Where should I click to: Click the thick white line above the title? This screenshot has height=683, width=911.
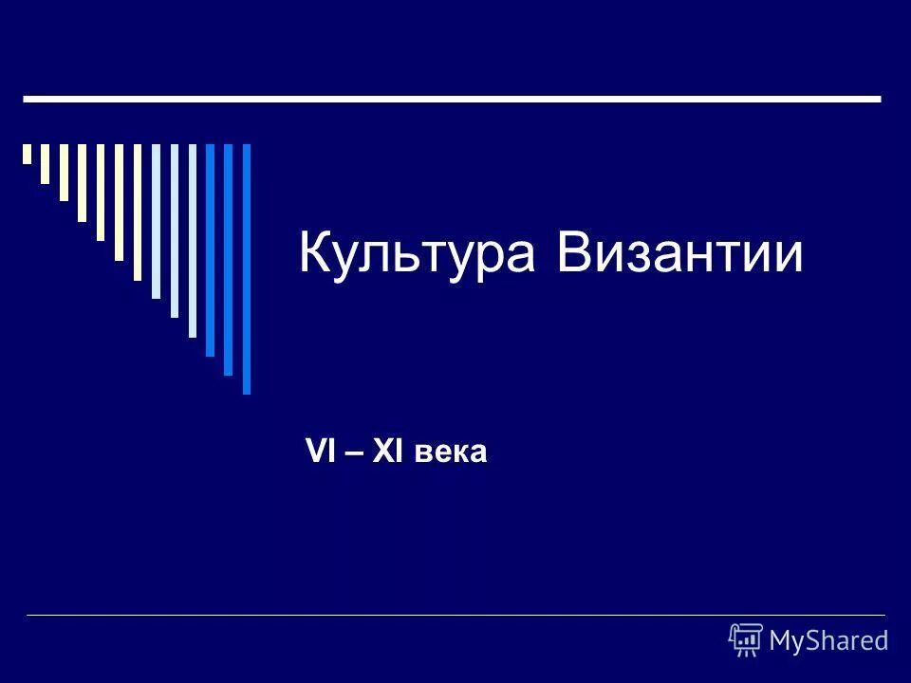(x=452, y=98)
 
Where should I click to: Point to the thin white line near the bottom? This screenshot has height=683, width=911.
(x=455, y=616)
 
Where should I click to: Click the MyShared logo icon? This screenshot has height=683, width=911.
(x=746, y=639)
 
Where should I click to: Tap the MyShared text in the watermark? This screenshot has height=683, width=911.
(x=828, y=640)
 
